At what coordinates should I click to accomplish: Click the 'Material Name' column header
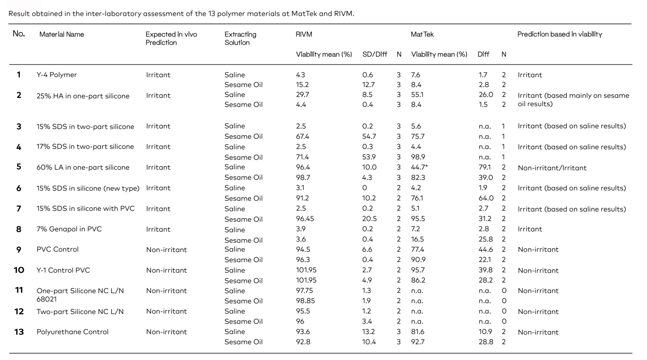click(61, 34)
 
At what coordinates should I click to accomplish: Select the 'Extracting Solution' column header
click(240, 38)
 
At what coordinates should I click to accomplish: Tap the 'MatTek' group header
click(422, 34)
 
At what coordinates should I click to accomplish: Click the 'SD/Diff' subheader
click(374, 54)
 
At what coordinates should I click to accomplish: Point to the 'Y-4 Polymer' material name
click(57, 75)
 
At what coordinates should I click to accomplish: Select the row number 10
click(19, 270)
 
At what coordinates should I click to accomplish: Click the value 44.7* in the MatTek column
click(419, 167)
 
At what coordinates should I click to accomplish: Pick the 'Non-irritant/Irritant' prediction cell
click(552, 168)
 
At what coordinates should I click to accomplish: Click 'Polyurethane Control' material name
click(72, 332)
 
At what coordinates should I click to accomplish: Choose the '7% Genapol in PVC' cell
click(69, 229)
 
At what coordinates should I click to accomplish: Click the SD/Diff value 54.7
click(369, 136)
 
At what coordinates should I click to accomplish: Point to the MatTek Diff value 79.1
click(484, 167)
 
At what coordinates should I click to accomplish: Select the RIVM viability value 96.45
click(305, 219)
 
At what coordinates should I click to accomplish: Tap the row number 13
click(19, 332)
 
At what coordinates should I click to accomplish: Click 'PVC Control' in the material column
click(57, 249)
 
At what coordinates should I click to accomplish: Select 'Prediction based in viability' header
click(560, 34)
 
